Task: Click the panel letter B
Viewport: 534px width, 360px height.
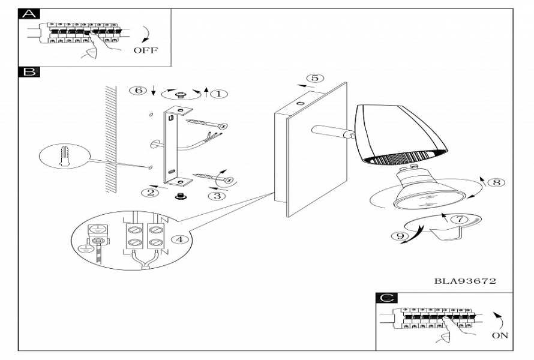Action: pyautogui.click(x=28, y=73)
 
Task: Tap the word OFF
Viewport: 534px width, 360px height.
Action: pyautogui.click(x=145, y=50)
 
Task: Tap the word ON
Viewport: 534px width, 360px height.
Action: pyautogui.click(x=499, y=335)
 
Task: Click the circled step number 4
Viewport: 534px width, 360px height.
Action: pyautogui.click(x=177, y=239)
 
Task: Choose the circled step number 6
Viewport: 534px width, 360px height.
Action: pyautogui.click(x=138, y=90)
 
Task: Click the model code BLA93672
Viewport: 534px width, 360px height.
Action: pyautogui.click(x=464, y=280)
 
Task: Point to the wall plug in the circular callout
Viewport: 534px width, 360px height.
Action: pyautogui.click(x=65, y=159)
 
